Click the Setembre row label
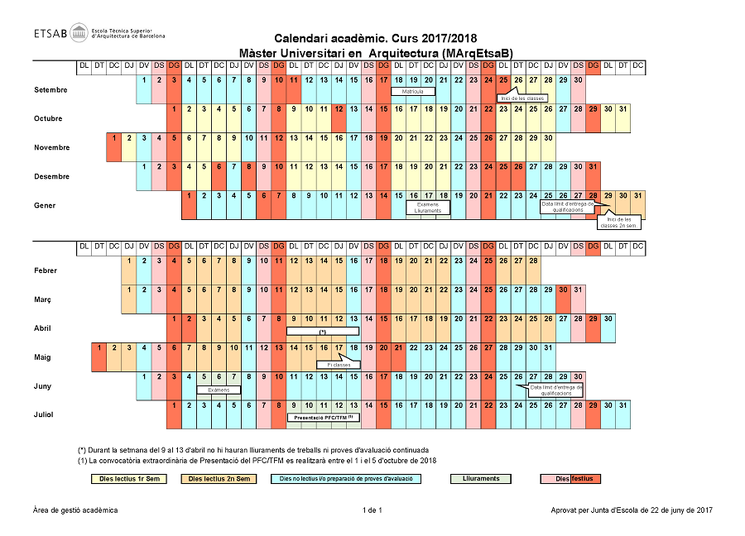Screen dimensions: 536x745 pos(50,90)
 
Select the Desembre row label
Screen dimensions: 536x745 pos(50,177)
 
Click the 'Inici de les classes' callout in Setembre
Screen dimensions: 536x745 pos(522,98)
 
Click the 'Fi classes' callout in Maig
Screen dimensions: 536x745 pos(339,364)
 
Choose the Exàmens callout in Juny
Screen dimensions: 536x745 pos(219,390)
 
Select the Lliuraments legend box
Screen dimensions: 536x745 pos(481,479)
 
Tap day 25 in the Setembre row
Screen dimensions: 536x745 pos(502,80)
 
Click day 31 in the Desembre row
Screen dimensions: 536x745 pos(592,167)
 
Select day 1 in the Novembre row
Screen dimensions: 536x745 pos(114,138)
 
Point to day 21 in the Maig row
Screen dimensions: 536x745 pos(398,347)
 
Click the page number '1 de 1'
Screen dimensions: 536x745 pos(372,510)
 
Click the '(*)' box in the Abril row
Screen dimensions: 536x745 pos(323,331)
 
